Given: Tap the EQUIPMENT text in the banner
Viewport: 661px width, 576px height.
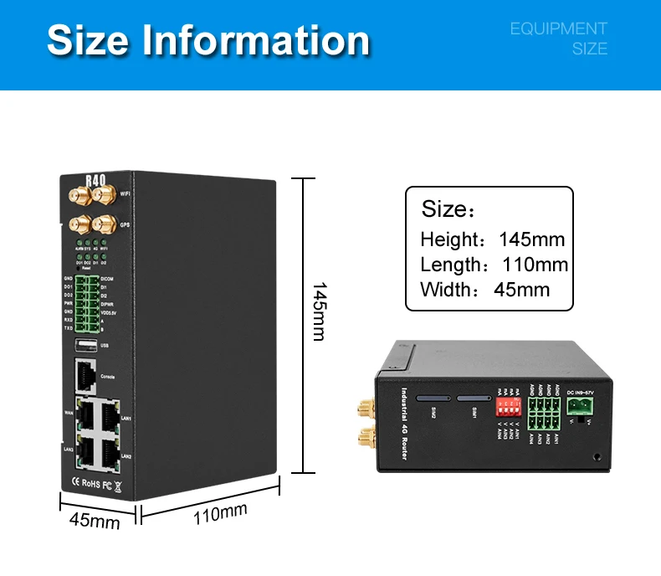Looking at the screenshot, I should [x=558, y=29].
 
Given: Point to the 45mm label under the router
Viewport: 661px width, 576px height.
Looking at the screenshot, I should [x=94, y=521].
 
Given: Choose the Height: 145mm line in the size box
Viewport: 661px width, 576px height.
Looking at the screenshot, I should [x=492, y=239].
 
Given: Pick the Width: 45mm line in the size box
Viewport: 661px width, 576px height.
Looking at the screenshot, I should [x=485, y=290].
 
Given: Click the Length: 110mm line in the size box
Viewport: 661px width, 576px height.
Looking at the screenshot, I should [x=494, y=265].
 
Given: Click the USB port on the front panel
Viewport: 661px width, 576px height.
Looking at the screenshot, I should [x=85, y=344].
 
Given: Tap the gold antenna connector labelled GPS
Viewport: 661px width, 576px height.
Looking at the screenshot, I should [x=104, y=224].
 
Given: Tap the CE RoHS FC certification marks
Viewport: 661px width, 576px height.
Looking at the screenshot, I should [x=95, y=482].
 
